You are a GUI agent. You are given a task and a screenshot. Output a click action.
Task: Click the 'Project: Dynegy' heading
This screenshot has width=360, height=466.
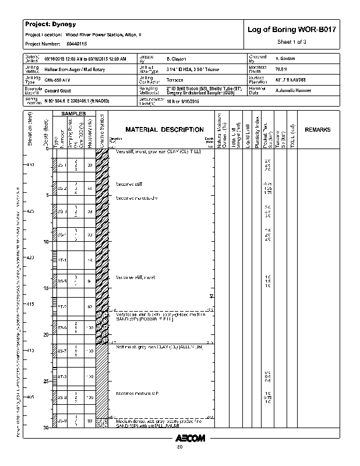[x=47, y=24]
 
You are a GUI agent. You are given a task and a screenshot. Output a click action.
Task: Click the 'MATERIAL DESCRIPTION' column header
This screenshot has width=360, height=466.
[x=165, y=130]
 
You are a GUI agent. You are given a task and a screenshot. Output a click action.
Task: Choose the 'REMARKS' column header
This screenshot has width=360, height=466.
[x=317, y=129]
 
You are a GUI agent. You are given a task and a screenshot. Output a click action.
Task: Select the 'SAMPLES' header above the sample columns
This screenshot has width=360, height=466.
[x=75, y=113]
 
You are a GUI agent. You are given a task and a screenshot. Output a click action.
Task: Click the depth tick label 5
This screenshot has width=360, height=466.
[x=47, y=195]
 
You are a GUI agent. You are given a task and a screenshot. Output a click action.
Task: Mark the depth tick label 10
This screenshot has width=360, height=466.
[x=46, y=242]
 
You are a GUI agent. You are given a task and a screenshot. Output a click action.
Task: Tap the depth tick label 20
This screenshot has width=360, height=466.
[x=46, y=335]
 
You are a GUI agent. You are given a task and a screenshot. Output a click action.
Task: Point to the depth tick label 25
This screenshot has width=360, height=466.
[x=46, y=382]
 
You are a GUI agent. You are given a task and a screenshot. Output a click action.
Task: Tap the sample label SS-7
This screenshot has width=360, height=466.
[x=62, y=351]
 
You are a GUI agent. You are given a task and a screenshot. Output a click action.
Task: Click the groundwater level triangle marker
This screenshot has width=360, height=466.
[x=211, y=296]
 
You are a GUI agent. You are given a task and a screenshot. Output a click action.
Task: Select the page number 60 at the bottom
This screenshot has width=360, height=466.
[x=180, y=447]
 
